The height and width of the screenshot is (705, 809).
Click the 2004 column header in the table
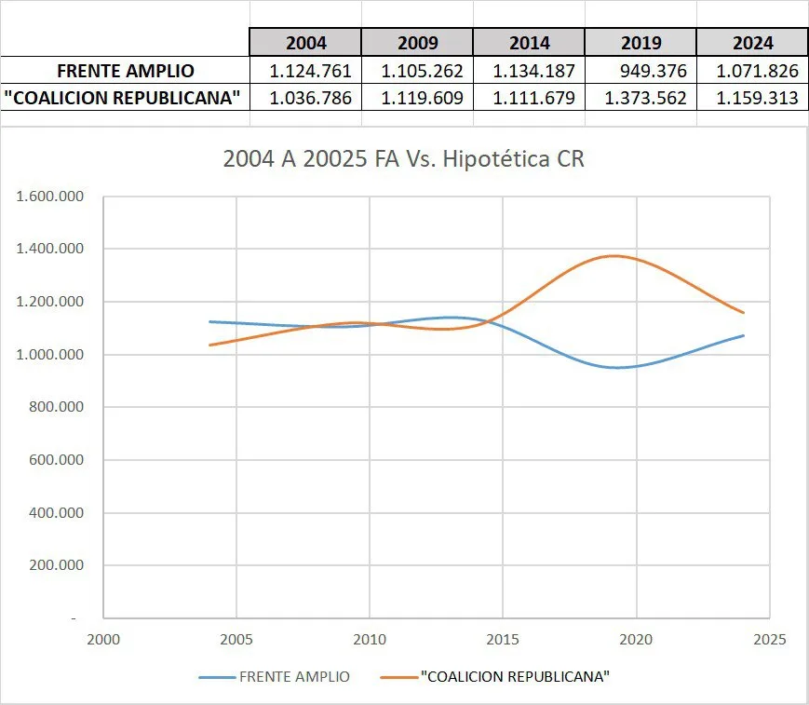pos(305,43)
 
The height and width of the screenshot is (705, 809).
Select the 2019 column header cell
pos(640,43)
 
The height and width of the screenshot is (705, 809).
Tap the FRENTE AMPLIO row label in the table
pos(126,71)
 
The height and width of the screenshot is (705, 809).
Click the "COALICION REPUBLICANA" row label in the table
pos(126,98)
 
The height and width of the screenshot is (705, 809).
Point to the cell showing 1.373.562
pos(640,98)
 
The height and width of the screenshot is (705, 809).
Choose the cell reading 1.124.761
pos(305,71)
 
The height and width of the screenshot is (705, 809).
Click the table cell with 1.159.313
pos(752,98)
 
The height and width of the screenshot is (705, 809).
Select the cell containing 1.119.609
pos(417,98)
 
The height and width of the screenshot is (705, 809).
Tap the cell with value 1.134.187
pos(529,71)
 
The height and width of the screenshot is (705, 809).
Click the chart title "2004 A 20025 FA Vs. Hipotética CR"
pos(404,159)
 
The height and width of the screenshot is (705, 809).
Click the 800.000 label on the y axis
pos(57,408)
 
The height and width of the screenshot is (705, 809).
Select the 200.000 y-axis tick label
pos(57,565)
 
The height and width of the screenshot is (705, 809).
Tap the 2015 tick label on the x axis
pos(503,640)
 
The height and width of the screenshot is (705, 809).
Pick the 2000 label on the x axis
pos(103,640)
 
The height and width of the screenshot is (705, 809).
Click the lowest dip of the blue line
pos(616,367)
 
